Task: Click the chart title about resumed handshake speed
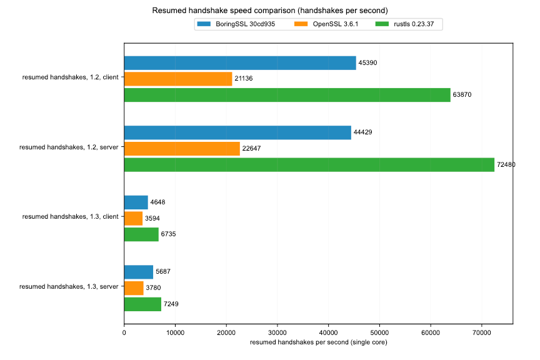click(x=270, y=11)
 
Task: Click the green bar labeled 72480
click(x=309, y=165)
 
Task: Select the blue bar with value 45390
click(x=240, y=62)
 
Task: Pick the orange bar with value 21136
click(x=178, y=79)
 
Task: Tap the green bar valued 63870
click(x=287, y=95)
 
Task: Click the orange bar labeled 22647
click(x=182, y=149)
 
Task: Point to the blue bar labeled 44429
click(x=237, y=132)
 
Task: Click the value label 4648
click(x=157, y=202)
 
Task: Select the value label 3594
click(x=152, y=218)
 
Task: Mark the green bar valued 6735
click(x=141, y=234)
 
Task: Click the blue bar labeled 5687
click(x=139, y=272)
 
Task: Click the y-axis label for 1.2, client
click(x=70, y=79)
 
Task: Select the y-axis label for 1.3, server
click(x=69, y=287)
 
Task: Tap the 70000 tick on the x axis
click(x=481, y=333)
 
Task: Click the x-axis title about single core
click(x=318, y=343)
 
